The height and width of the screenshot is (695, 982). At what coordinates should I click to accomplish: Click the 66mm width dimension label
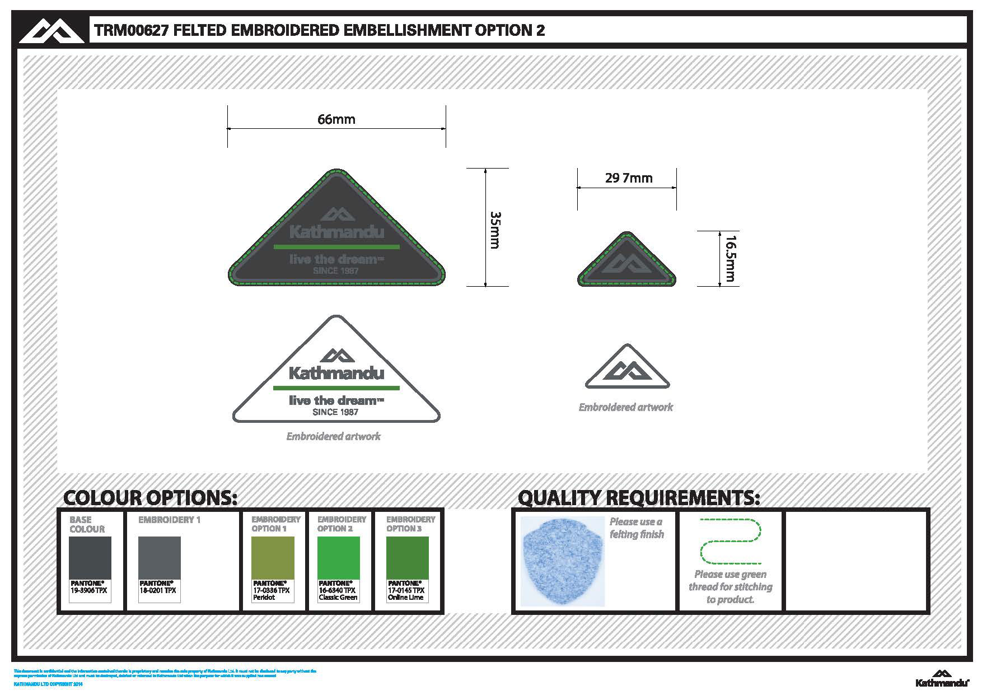[336, 119]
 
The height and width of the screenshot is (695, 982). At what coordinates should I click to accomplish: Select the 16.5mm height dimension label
[730, 258]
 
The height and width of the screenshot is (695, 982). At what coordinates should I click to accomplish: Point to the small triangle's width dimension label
[629, 178]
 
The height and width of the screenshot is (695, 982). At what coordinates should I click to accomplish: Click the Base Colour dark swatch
[90, 558]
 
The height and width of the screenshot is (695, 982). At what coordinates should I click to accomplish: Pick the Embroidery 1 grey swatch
[160, 558]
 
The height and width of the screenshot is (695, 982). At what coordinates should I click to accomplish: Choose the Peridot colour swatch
[273, 558]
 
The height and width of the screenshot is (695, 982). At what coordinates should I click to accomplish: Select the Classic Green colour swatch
[338, 558]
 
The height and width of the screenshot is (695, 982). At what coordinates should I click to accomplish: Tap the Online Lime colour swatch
[407, 558]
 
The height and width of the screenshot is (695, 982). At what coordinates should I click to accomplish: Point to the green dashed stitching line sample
[730, 541]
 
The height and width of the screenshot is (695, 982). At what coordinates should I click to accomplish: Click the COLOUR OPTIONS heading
[151, 497]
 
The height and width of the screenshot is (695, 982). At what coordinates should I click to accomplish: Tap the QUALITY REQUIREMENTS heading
[639, 497]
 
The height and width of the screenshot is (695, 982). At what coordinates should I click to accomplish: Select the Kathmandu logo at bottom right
[942, 678]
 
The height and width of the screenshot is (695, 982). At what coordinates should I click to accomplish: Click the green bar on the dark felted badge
[336, 246]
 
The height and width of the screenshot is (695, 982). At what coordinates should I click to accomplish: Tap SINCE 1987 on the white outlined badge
[335, 412]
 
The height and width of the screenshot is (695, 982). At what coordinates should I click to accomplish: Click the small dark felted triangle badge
[626, 262]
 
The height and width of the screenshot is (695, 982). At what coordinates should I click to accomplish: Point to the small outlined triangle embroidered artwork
[627, 369]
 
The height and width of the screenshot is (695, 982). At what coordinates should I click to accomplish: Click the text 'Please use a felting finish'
[637, 528]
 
